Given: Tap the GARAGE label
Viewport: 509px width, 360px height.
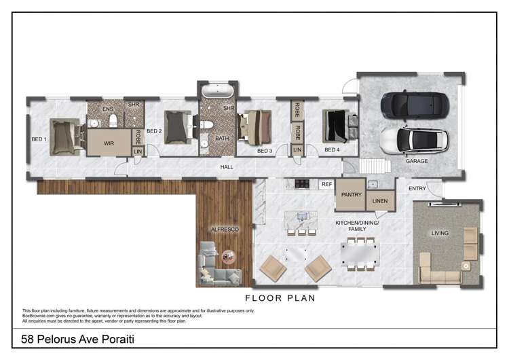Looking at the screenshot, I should pos(416,161).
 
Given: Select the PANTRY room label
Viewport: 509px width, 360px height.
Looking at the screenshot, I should pos(350,194).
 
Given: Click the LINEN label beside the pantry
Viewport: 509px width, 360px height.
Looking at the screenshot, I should pos(380,201).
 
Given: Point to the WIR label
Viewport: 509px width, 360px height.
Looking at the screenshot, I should pos(109,143).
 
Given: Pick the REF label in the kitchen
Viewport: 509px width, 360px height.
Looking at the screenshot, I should pos(326,184).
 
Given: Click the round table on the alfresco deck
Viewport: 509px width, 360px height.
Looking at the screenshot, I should pos(227,256).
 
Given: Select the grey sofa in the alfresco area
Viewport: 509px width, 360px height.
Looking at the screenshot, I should pos(217,272).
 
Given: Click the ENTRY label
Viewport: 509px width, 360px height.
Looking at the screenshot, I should pos(417,188).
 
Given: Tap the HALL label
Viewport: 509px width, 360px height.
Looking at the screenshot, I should pos(227,166).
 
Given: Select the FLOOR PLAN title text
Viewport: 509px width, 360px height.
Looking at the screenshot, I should pos(280,298).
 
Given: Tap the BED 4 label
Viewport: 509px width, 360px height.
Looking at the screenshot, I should pos(332,150).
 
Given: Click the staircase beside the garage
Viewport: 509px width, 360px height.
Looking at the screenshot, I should pos(372,165).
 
